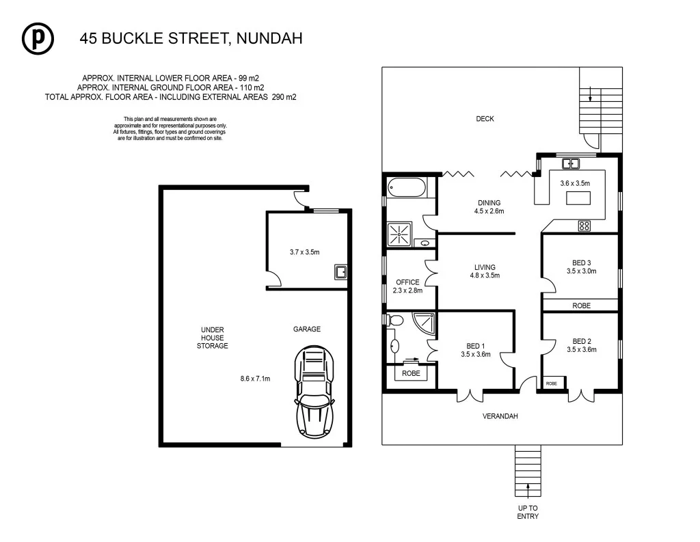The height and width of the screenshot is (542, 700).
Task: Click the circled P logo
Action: pyautogui.click(x=38, y=39)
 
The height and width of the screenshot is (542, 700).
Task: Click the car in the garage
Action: pyautogui.click(x=314, y=391)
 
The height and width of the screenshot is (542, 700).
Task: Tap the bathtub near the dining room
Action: pyautogui.click(x=407, y=187)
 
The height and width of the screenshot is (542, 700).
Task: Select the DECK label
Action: pyautogui.click(x=485, y=119)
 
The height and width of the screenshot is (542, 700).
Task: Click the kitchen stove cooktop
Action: pyautogui.click(x=584, y=224)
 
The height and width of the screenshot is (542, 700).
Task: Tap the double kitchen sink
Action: pyautogui.click(x=570, y=163)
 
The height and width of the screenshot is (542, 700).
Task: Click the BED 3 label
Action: pyautogui.click(x=582, y=262)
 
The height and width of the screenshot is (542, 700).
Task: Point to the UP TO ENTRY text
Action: pyautogui.click(x=527, y=512)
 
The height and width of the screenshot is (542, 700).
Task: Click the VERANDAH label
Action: pyautogui.click(x=500, y=416)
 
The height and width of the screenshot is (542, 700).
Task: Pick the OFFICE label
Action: pyautogui.click(x=407, y=282)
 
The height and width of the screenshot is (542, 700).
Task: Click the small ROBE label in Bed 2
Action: pyautogui.click(x=551, y=383)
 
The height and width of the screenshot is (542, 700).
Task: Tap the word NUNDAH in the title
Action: pyautogui.click(x=269, y=39)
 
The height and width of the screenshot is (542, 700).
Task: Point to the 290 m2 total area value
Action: pyautogui.click(x=283, y=98)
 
